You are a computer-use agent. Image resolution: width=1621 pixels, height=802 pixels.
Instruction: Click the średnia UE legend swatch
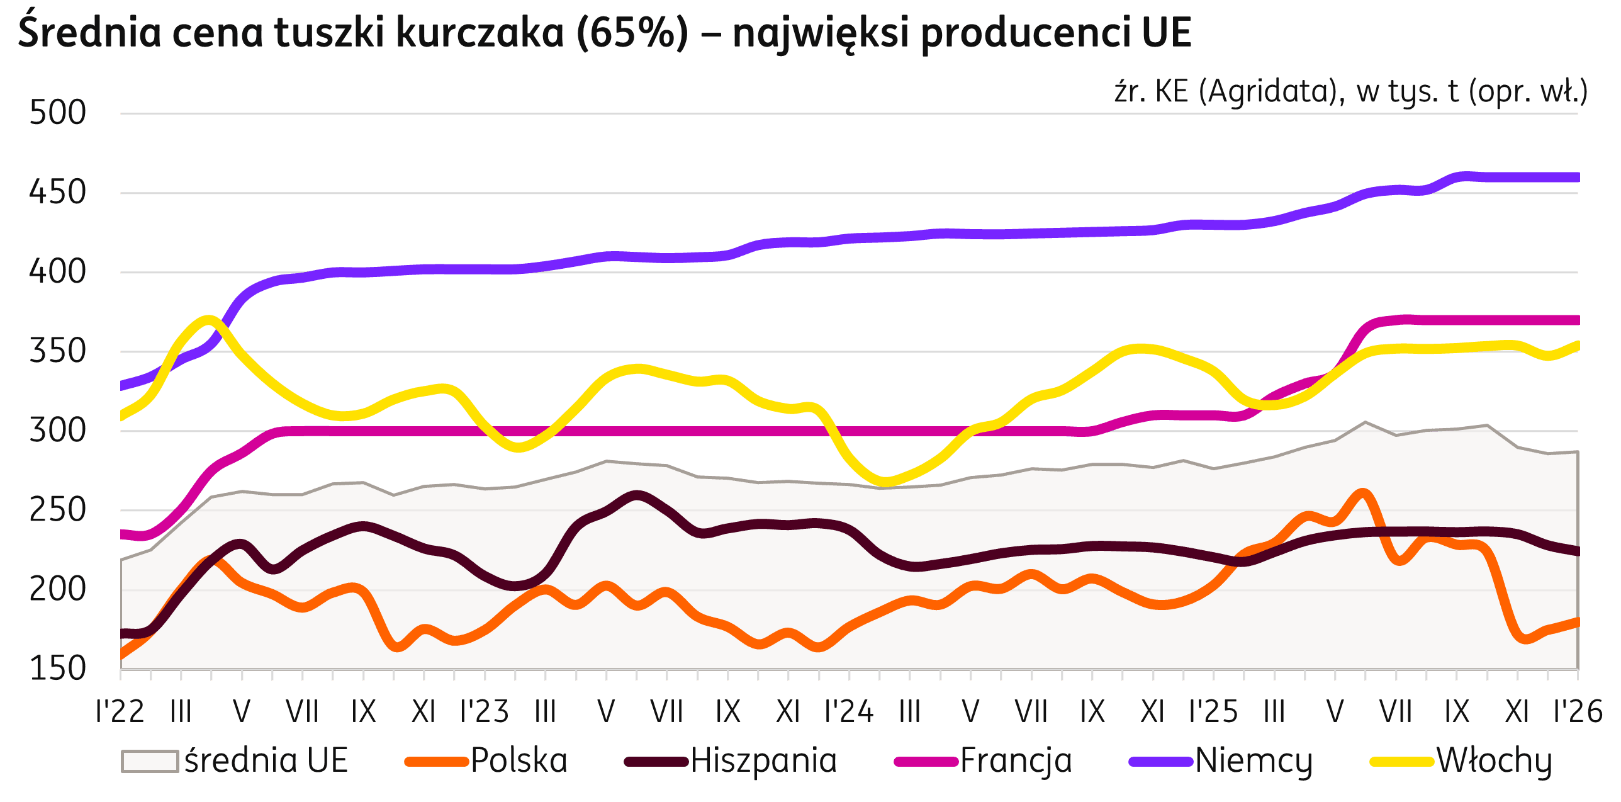pos(149,760)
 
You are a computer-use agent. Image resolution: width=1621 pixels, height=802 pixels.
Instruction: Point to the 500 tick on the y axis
pos(57,113)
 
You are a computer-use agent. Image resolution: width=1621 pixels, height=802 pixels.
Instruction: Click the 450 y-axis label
pos(57,193)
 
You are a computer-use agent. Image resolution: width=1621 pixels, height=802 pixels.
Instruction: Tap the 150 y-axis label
pos(57,669)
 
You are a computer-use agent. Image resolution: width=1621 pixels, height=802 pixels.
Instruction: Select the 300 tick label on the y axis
pos(57,431)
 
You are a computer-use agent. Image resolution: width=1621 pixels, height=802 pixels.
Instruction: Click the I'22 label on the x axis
pos(120,712)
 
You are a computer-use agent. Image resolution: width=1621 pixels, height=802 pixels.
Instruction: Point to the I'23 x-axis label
pos(485,712)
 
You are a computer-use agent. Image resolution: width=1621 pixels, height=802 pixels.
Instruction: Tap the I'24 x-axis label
pos(849,712)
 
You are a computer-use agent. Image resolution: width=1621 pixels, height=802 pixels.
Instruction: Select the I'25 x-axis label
pos(1213,712)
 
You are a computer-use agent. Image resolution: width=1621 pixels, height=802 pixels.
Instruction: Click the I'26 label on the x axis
pos(1577,712)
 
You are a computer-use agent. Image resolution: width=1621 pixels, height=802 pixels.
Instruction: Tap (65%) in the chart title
pos(631,33)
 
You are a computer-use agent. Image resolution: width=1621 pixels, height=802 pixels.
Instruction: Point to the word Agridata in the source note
pos(1272,93)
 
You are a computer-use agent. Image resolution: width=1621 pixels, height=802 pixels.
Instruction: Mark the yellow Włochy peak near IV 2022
pos(210,319)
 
